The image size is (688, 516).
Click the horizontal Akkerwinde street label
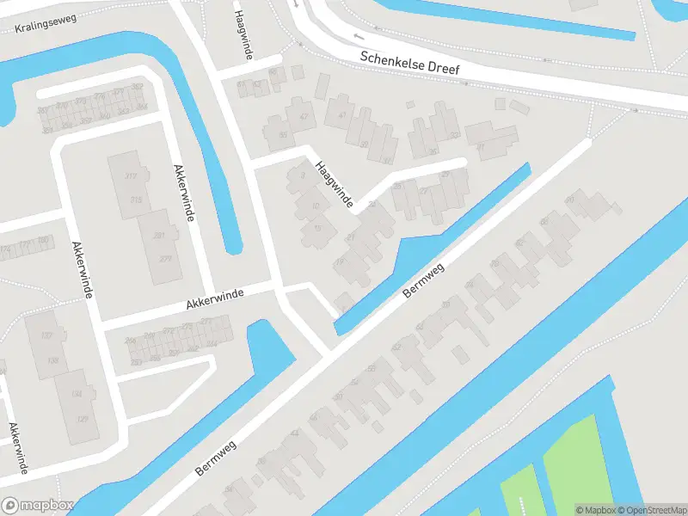[215, 298]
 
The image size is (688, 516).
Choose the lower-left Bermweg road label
[215, 454]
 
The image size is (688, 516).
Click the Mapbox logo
[38, 506]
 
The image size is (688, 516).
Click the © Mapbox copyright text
[595, 510]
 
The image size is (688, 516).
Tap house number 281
[158, 235]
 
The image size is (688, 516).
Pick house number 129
[83, 418]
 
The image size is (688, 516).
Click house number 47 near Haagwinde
[303, 116]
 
